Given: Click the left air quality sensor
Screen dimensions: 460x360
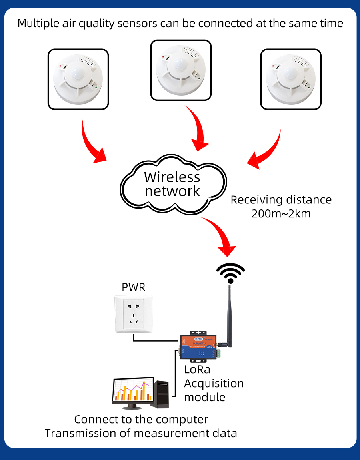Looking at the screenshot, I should pos(78,79).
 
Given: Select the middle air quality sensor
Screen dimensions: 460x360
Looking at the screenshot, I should pos(181,70).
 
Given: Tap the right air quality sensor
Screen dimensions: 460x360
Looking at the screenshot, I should pos(291,79).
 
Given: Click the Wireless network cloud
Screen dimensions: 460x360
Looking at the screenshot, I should pos(172,183).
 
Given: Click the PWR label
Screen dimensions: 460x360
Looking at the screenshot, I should pos(134,287).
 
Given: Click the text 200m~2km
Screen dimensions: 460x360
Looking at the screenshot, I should pos(281,213).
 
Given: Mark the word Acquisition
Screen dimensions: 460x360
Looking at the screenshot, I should pos(214,384).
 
